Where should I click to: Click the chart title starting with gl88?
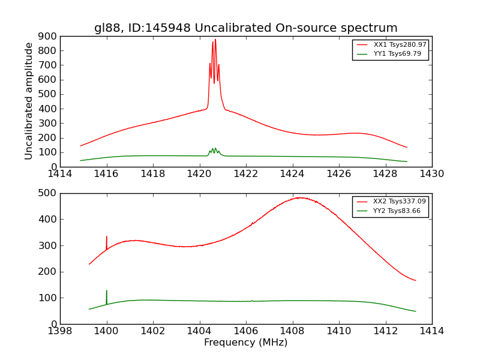pos(245,28)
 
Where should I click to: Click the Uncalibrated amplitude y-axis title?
pos(29,101)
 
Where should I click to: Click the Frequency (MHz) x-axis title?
pos(245,343)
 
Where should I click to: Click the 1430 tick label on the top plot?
pos(431,174)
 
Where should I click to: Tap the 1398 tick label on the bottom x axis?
pos(60,331)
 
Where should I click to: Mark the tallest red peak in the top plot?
pos(215,40)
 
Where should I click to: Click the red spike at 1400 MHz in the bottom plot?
pos(107,237)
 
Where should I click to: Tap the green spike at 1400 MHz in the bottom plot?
pos(107,291)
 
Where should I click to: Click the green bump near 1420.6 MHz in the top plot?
pos(214,149)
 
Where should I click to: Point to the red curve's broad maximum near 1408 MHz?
pos(299,197)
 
